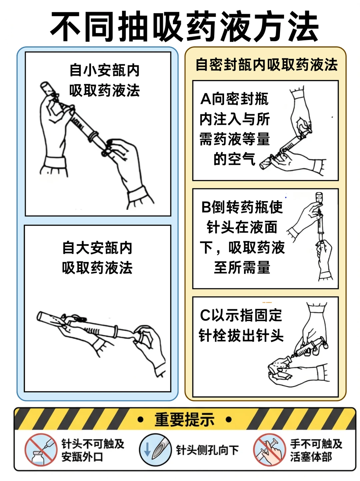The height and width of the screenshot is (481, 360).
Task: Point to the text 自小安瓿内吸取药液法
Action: (104, 80)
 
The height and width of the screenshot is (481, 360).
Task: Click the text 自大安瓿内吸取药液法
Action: (97, 258)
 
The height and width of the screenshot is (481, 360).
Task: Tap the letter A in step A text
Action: (206, 99)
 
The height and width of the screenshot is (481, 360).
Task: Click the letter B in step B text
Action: (206, 207)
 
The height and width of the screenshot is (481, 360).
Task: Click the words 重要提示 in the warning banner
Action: (184, 419)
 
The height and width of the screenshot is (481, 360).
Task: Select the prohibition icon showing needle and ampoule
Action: (41, 450)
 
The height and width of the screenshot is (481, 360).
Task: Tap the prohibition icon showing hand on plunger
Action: (269, 450)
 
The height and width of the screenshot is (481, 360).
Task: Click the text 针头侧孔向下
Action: (207, 450)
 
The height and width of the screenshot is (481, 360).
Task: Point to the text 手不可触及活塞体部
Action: (316, 450)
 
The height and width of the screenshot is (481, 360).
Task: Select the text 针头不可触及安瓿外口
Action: (93, 450)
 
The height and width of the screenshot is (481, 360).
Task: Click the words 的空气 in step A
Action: (234, 159)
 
